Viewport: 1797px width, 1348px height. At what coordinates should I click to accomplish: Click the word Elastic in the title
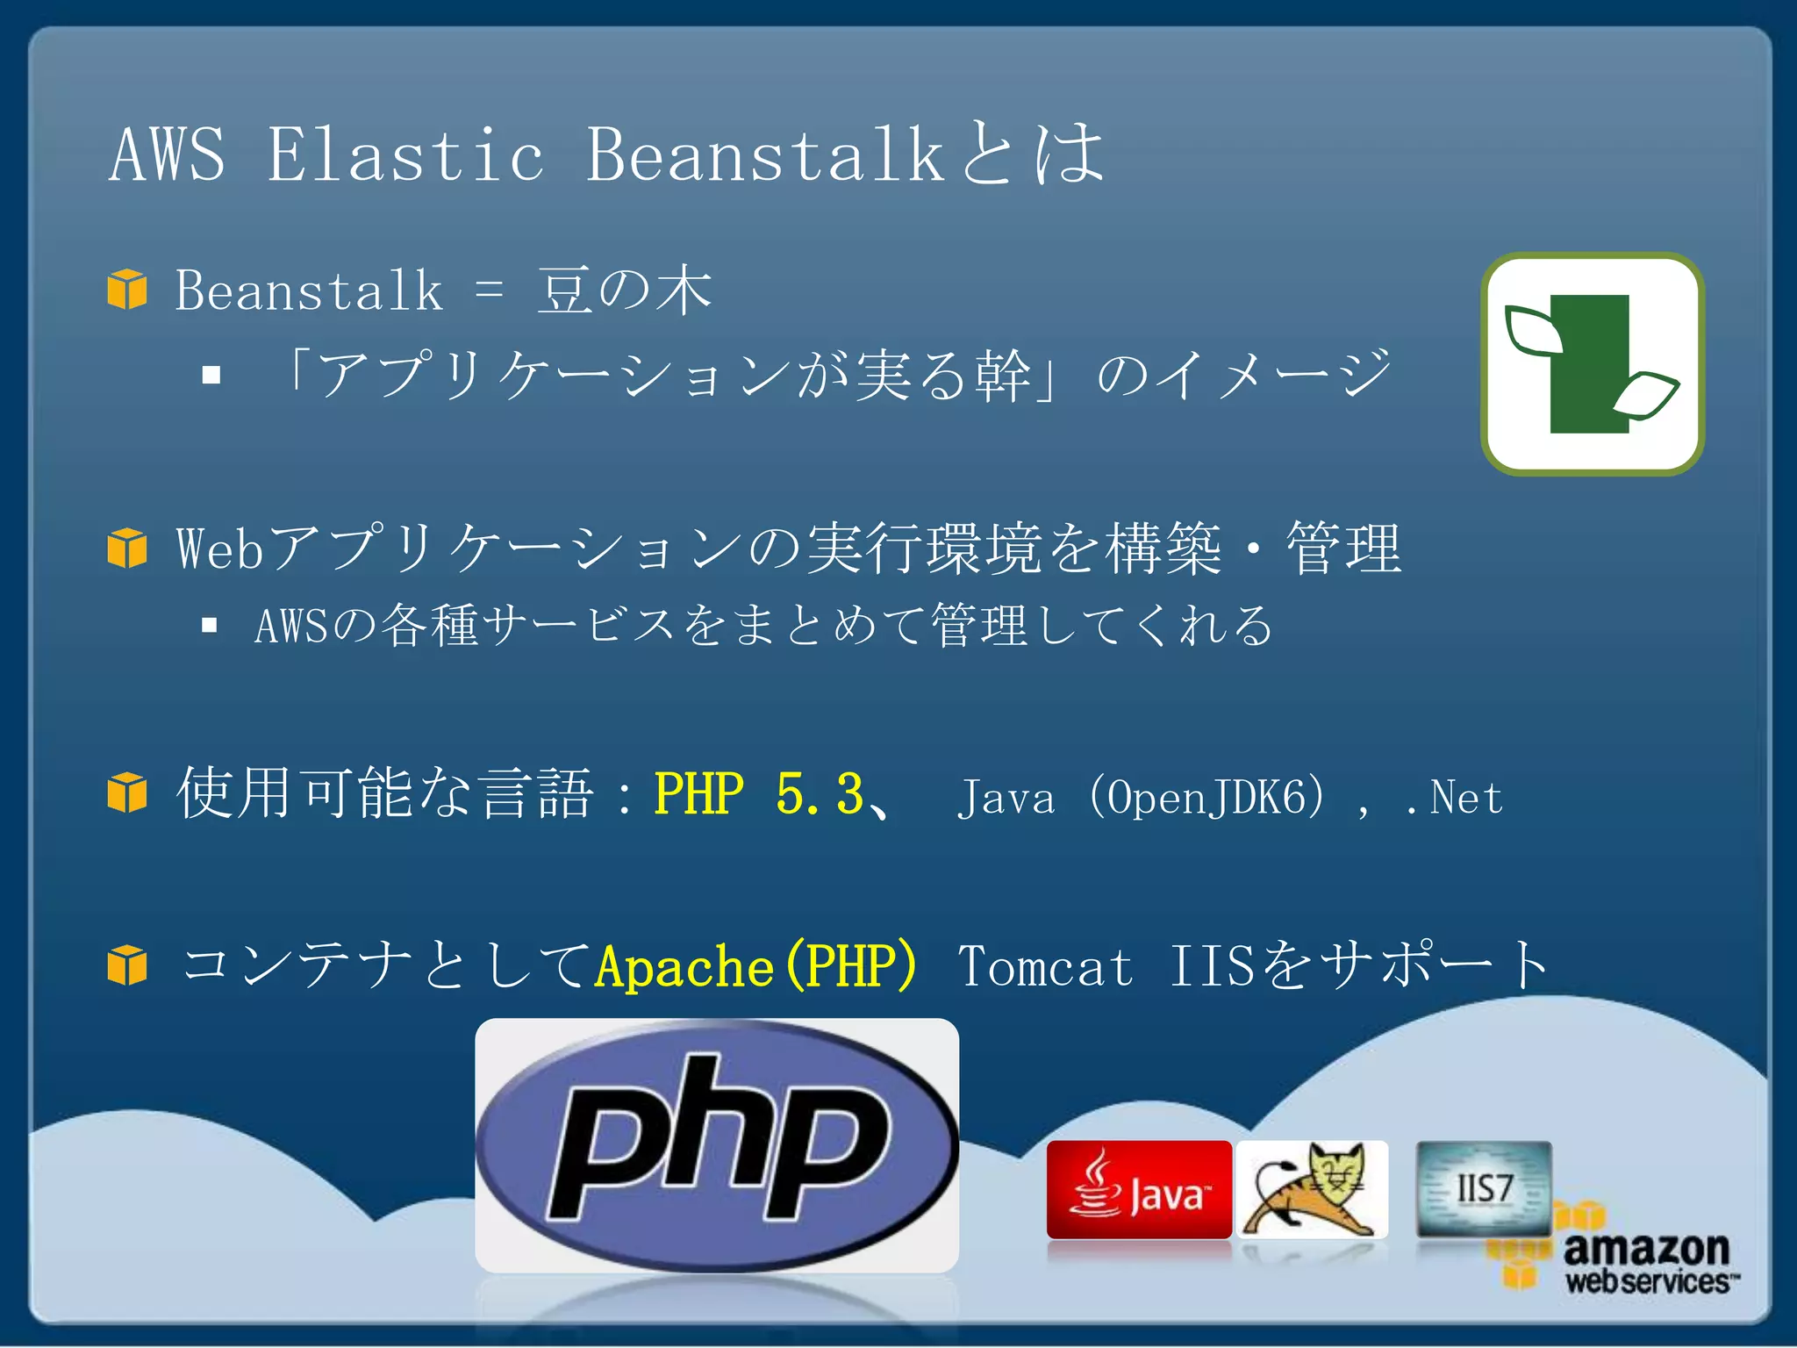coord(405,155)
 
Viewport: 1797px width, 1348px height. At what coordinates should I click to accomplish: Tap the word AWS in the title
coord(168,155)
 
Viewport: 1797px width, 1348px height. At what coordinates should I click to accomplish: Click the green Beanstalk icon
coord(1592,364)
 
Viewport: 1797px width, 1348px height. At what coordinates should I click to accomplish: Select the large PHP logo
coord(716,1144)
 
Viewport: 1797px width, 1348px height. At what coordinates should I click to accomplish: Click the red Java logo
coord(1139,1189)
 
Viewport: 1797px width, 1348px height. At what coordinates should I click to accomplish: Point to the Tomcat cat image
coord(1313,1189)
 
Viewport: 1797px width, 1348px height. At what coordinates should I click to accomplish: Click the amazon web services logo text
coord(1646,1262)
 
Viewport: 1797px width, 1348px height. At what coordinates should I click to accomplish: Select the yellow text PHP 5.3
coord(759,794)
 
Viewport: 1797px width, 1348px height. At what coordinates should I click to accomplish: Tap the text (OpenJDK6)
coord(1207,798)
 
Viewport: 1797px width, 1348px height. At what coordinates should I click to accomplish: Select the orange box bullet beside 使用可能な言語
coord(127,792)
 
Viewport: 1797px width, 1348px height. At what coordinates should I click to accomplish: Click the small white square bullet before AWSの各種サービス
coord(209,625)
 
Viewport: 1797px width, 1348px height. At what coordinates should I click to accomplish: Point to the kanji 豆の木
coord(625,290)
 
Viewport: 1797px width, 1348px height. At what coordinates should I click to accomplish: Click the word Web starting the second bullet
coord(219,549)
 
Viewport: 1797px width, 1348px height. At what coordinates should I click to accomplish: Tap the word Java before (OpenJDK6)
coord(1006,798)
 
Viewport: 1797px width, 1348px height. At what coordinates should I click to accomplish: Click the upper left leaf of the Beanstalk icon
coord(1533,331)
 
